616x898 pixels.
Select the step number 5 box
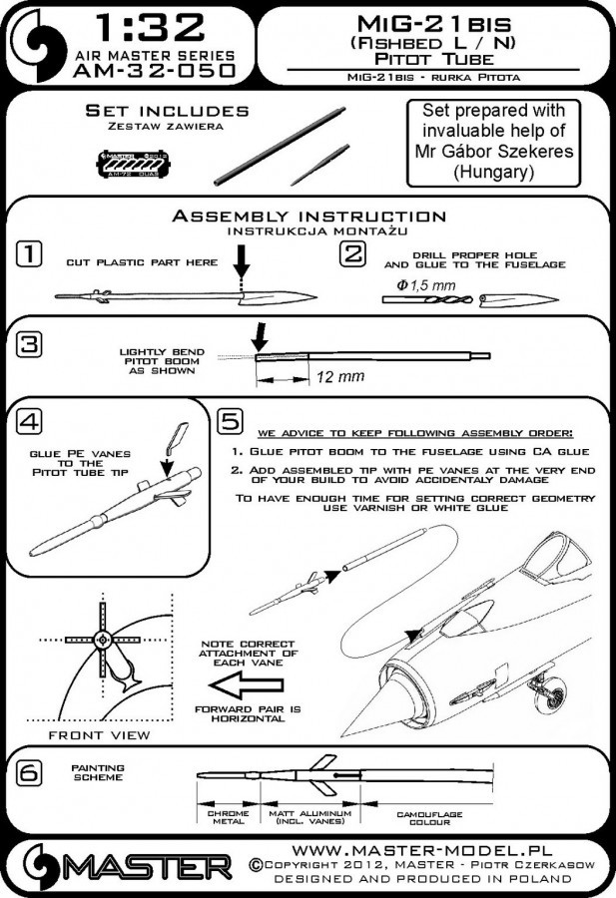[230, 421]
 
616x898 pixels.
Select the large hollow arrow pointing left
[249, 686]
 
